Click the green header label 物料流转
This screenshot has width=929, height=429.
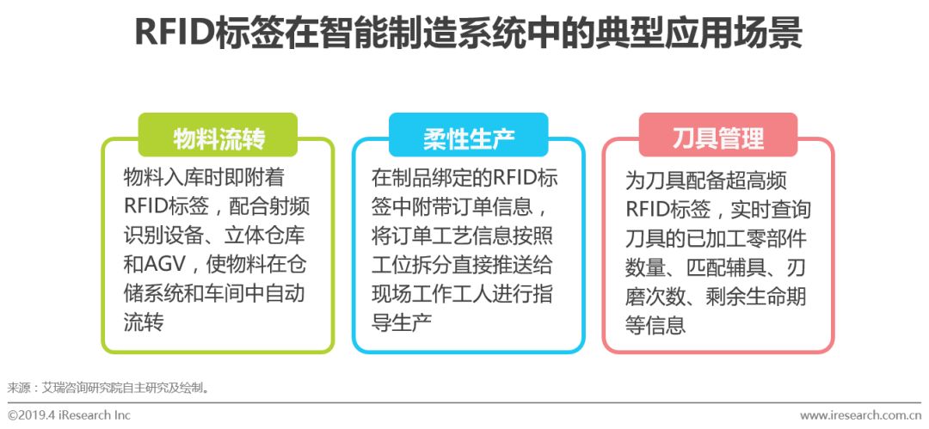(218, 138)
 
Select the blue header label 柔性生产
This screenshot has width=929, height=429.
(468, 138)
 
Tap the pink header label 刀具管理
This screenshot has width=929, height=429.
(717, 138)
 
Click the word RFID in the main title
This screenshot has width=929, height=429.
(169, 34)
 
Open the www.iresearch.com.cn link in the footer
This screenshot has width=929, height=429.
(860, 415)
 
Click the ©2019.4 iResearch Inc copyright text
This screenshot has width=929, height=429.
(69, 415)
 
